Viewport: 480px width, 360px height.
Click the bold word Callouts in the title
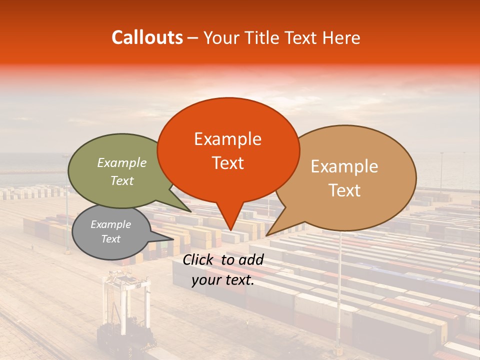pyautogui.click(x=147, y=37)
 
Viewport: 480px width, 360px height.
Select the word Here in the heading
pyautogui.click(x=340, y=38)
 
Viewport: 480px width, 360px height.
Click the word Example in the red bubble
pyautogui.click(x=227, y=139)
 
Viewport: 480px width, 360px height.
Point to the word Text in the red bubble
pyautogui.click(x=227, y=163)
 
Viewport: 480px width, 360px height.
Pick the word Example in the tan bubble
pyautogui.click(x=344, y=166)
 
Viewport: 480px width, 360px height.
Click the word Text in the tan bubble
pyautogui.click(x=345, y=190)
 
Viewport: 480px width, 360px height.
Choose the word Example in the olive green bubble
pyautogui.click(x=122, y=163)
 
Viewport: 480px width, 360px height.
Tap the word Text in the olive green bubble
pyautogui.click(x=122, y=180)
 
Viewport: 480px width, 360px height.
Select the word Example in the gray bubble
pyautogui.click(x=111, y=224)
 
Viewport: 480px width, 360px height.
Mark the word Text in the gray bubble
pyautogui.click(x=111, y=239)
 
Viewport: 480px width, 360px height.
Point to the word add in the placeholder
pyautogui.click(x=251, y=259)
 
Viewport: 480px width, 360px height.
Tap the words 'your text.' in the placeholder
pyautogui.click(x=223, y=280)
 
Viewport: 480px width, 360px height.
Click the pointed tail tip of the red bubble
pyautogui.click(x=230, y=230)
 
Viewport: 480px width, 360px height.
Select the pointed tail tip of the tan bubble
pyautogui.click(x=266, y=235)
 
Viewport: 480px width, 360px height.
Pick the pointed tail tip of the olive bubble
pyautogui.click(x=190, y=211)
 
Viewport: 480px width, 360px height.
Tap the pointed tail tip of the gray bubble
pyautogui.click(x=173, y=239)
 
